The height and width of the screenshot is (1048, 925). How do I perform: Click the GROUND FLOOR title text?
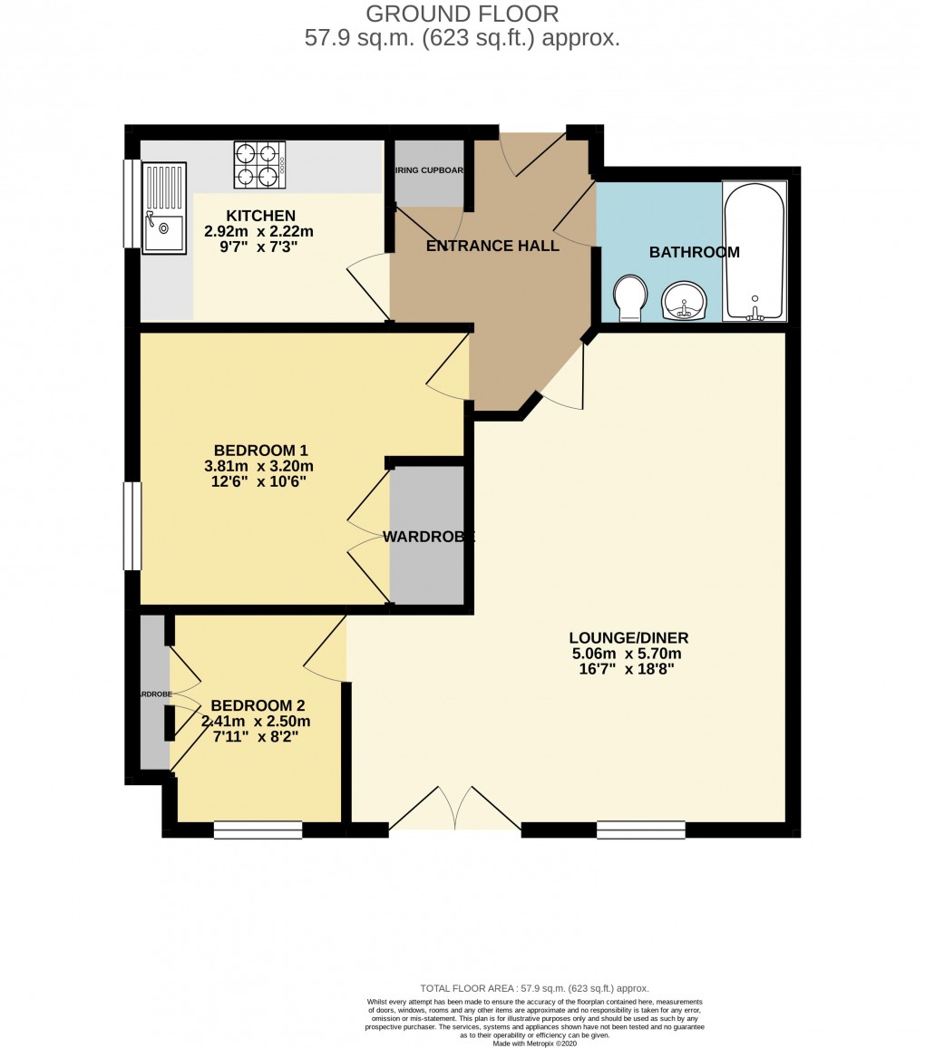[x=462, y=14]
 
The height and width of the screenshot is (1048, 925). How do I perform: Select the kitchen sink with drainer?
[x=164, y=208]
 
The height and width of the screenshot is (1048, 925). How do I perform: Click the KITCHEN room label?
[x=260, y=216]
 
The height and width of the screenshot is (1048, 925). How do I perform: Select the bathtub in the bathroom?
[x=754, y=251]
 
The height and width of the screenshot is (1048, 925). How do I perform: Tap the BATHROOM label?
[x=694, y=252]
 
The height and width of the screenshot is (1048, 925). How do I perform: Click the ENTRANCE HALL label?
[x=492, y=246]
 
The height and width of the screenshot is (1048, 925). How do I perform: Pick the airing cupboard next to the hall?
[x=429, y=173]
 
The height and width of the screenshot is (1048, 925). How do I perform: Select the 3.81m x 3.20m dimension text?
[x=259, y=466]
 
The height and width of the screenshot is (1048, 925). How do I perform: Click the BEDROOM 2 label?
[x=258, y=705]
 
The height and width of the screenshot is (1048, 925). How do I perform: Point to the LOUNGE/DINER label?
[x=626, y=637]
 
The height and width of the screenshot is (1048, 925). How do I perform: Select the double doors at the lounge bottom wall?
[x=454, y=809]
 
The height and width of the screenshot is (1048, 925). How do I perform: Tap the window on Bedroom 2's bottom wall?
[x=258, y=830]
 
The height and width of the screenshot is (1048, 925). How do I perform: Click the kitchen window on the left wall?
[x=132, y=203]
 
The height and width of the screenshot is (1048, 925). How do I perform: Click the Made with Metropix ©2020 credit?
[x=534, y=1043]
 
